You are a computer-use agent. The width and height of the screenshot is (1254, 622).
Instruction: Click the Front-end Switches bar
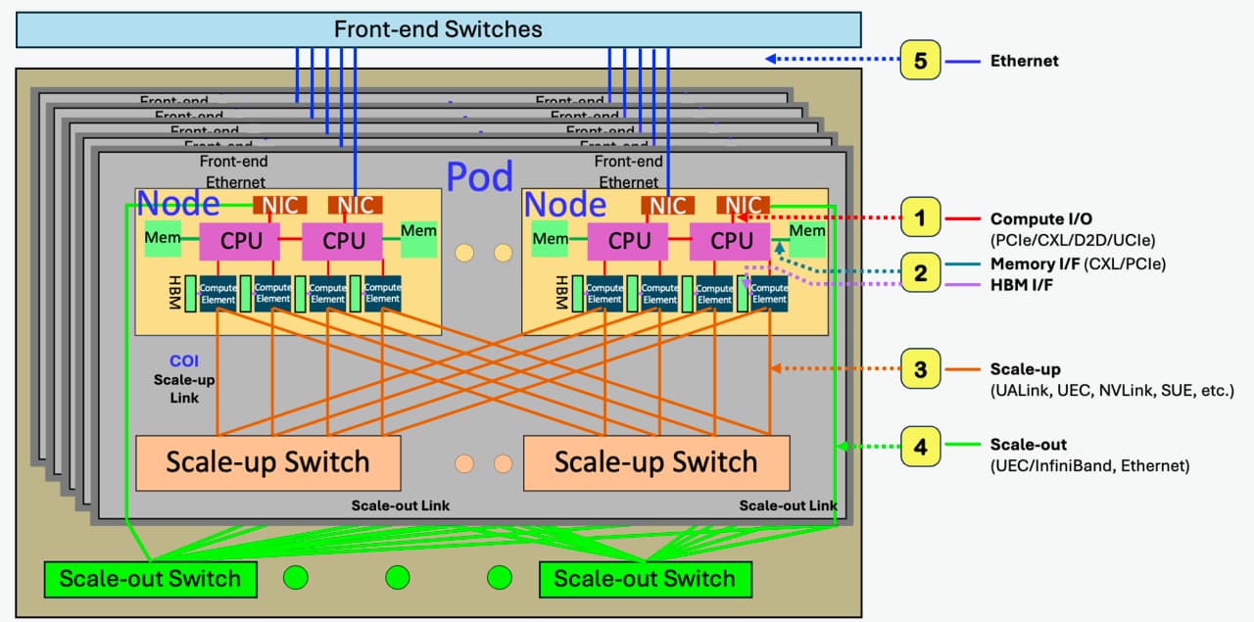click(438, 29)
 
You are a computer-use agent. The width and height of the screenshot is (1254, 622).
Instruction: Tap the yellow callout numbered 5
click(920, 61)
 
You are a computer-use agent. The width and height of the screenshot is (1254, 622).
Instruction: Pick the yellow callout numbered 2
click(920, 272)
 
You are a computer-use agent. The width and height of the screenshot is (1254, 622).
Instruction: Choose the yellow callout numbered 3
click(920, 369)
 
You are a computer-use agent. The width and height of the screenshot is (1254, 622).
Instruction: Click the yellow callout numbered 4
click(920, 448)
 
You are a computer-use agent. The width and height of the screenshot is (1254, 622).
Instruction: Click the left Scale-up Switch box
click(267, 462)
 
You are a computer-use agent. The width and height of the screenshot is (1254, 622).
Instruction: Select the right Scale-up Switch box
click(655, 462)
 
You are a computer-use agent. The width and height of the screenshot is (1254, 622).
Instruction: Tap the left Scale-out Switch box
click(150, 578)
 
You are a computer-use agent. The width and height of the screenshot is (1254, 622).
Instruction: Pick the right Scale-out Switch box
click(645, 578)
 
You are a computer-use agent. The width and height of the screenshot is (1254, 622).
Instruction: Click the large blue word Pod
click(479, 176)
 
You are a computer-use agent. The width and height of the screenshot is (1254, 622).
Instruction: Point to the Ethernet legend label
click(1025, 61)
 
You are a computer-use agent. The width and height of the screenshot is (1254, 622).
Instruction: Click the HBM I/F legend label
click(1022, 284)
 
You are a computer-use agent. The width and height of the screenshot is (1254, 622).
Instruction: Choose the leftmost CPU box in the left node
click(240, 240)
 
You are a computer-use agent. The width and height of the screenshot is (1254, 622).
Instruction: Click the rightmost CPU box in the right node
click(731, 240)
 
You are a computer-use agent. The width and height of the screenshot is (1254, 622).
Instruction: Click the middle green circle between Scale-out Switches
click(397, 578)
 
